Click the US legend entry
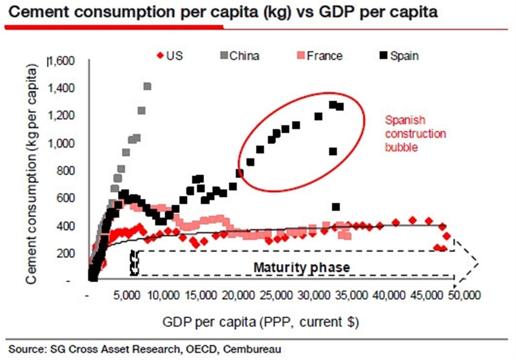[170, 56]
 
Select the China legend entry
[240, 56]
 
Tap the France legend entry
[320, 56]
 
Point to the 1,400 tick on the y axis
[61, 88]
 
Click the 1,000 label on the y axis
[61, 143]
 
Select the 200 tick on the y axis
[66, 254]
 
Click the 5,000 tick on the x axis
[127, 295]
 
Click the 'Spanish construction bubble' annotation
[415, 134]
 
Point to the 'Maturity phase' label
[302, 268]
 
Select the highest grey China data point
[147, 86]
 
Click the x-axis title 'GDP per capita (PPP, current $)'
[261, 322]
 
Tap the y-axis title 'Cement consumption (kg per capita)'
[31, 174]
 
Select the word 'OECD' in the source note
[201, 349]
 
